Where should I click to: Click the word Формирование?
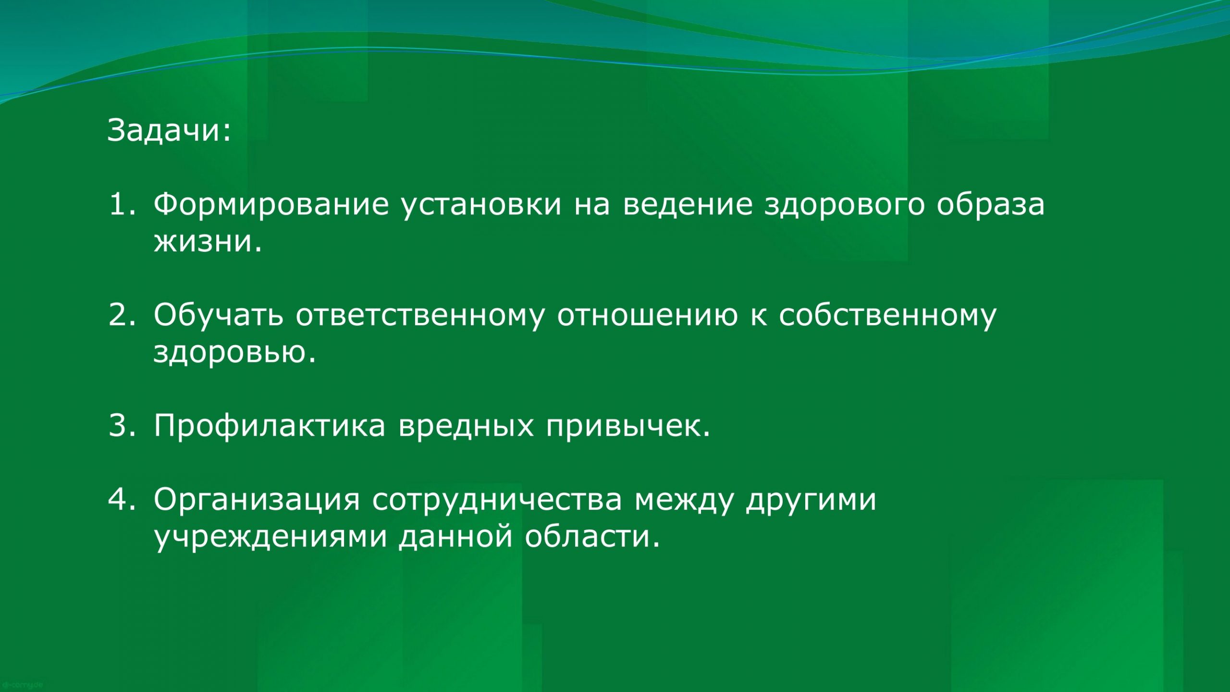(271, 206)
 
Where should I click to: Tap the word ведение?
(688, 206)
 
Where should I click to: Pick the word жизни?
(208, 241)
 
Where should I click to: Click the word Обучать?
(218, 316)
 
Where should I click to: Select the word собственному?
(887, 317)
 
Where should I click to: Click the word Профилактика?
(270, 427)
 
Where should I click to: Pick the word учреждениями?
(271, 538)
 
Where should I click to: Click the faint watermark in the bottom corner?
(23, 684)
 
